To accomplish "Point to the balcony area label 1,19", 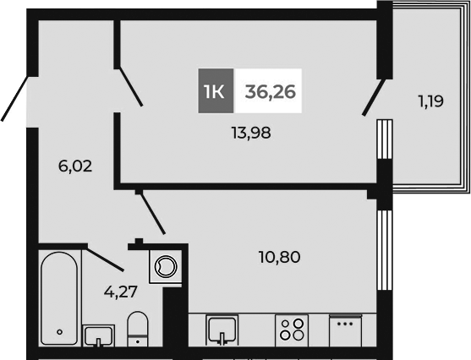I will coord(430,102).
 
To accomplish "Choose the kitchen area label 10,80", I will coord(280,255).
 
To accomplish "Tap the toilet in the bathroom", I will coord(136,330).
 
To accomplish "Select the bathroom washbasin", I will coord(98,335).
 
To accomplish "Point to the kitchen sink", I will coord(222,328).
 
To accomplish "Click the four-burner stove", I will coord(292,328).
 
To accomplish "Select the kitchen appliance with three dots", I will coord(345,329).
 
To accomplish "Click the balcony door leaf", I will coord(375,96).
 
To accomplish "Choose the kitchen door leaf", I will coord(151,211).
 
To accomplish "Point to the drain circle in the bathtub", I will coord(59,330).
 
